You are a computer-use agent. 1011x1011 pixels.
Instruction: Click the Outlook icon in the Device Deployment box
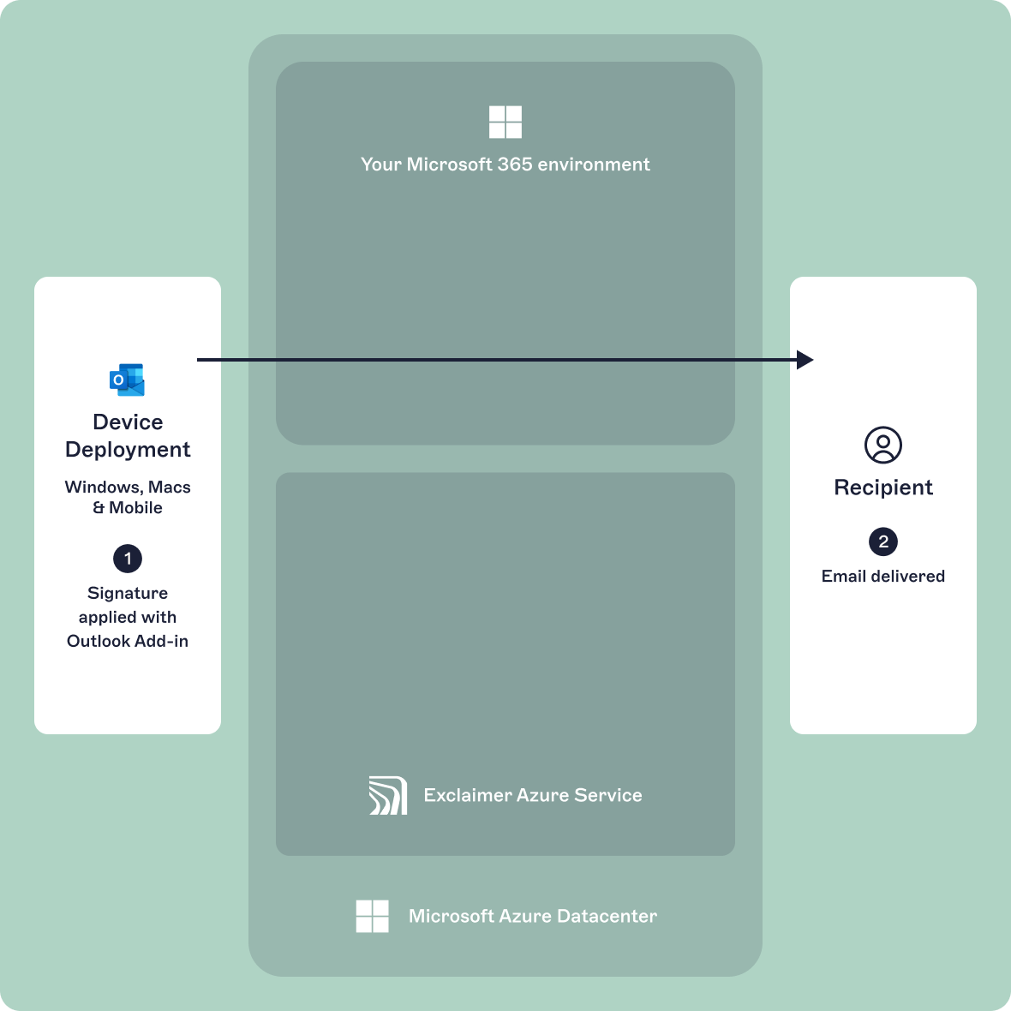[127, 380]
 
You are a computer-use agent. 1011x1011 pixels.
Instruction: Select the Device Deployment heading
[128, 435]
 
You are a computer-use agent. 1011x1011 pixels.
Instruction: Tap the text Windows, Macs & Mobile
[128, 497]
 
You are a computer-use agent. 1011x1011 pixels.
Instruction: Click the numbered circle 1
[128, 559]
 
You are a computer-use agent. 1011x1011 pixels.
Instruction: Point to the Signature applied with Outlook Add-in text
[128, 617]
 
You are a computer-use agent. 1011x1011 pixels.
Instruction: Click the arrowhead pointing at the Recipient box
[805, 360]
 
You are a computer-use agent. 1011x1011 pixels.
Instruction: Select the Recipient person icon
[882, 445]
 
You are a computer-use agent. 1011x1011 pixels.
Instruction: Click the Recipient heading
[882, 488]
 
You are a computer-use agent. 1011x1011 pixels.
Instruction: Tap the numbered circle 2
[882, 541]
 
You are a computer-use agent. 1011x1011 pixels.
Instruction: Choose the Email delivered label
[882, 577]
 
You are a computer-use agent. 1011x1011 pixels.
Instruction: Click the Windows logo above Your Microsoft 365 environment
[505, 123]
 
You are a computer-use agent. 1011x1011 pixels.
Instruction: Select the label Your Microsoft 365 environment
[505, 165]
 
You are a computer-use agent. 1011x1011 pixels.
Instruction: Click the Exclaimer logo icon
[387, 795]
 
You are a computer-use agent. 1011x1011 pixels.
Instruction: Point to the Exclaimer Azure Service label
[532, 795]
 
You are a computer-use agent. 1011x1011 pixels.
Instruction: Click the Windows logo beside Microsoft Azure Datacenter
[372, 916]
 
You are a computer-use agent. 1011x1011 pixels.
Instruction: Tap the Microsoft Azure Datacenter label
[532, 916]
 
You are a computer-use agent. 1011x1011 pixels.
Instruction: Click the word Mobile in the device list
[135, 508]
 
